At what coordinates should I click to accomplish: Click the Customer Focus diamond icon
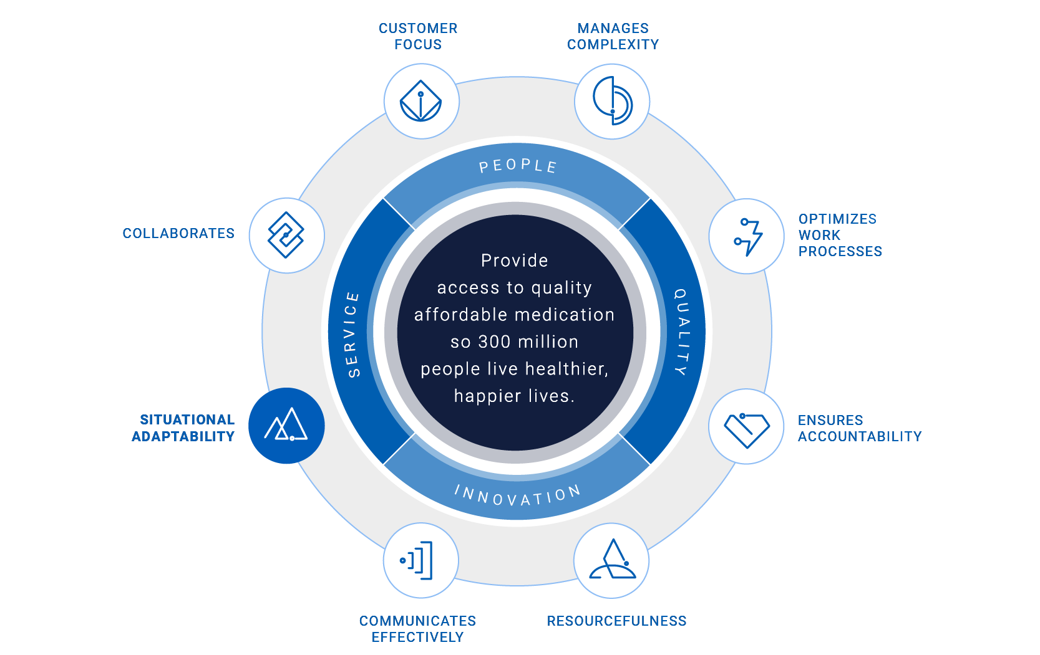[421, 101]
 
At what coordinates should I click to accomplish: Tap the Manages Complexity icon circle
[612, 101]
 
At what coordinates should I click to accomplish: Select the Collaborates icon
[286, 235]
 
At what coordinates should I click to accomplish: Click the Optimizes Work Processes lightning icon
[747, 236]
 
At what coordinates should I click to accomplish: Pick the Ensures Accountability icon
[746, 427]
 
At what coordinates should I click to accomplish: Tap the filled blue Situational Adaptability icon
[286, 426]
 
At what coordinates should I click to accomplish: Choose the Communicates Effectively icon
[420, 560]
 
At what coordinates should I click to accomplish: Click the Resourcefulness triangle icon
[612, 560]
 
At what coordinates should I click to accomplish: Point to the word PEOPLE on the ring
[517, 166]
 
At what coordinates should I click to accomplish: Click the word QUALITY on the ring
[683, 332]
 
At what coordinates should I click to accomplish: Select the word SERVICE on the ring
[352, 334]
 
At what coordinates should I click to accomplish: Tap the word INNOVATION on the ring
[517, 495]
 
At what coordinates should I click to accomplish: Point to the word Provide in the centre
[514, 261]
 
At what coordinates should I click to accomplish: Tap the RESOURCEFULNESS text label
[616, 621]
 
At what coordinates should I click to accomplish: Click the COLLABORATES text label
[178, 233]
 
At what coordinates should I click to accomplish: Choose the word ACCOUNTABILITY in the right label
[859, 436]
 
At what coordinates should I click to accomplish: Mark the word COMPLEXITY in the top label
[613, 44]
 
